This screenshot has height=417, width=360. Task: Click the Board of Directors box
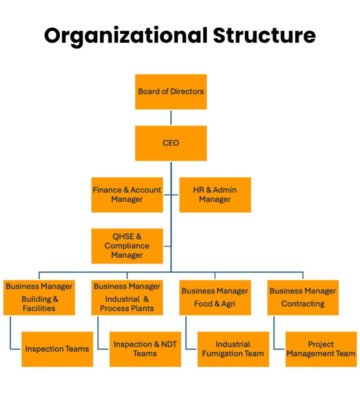click(171, 92)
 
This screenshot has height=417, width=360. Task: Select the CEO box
click(171, 143)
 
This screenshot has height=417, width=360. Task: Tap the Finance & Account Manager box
click(127, 195)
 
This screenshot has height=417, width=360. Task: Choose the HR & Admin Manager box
click(215, 195)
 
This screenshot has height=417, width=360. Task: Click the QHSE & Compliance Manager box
click(127, 246)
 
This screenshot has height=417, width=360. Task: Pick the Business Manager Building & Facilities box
click(39, 297)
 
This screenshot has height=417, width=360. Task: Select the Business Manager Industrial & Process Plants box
click(127, 297)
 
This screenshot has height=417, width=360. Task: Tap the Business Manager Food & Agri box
click(215, 297)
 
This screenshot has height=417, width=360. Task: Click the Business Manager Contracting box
click(303, 297)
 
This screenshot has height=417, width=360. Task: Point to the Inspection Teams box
click(57, 349)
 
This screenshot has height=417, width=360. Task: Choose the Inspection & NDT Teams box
click(145, 349)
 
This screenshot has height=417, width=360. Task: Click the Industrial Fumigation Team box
click(233, 349)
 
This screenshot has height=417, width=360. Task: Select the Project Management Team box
click(321, 349)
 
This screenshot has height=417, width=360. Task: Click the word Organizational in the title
click(125, 36)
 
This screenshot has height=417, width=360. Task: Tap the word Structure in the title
click(264, 36)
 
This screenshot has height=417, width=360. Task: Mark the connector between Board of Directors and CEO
click(171, 117)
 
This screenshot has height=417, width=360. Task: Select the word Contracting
click(303, 304)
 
